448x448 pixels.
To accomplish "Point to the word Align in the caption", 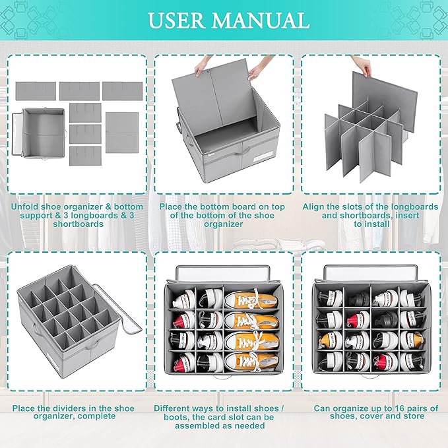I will (x=315, y=207).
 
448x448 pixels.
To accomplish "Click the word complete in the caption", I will (x=112, y=417).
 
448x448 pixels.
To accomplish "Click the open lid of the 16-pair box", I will (x=369, y=273).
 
